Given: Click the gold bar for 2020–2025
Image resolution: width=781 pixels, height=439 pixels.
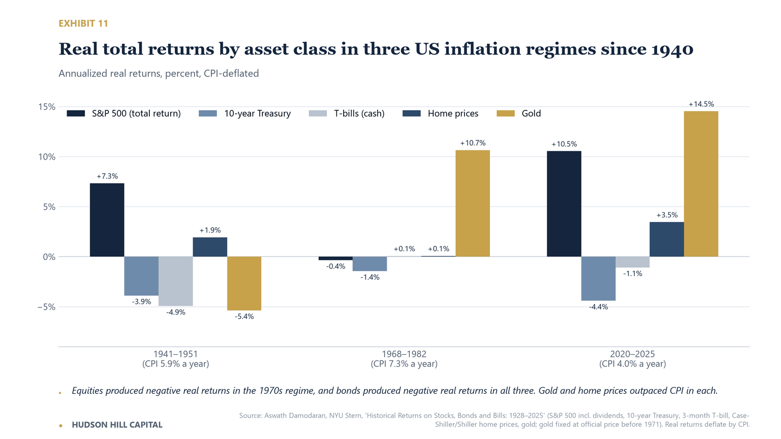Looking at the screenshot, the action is [x=701, y=184].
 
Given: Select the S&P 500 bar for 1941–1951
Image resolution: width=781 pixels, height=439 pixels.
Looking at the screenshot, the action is [x=107, y=220].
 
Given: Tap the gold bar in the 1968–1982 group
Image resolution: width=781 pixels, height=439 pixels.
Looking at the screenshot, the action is [x=472, y=203].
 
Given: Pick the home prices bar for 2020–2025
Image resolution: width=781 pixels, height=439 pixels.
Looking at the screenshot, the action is [x=666, y=239].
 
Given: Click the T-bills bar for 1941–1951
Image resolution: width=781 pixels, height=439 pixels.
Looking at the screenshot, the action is [x=176, y=281].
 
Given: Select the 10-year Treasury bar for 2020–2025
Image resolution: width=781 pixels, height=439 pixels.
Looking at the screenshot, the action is [x=598, y=279].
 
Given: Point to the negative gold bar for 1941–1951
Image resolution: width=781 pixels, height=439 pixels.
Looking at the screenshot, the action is [x=244, y=283].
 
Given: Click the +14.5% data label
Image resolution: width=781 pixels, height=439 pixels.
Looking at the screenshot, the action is [x=701, y=104].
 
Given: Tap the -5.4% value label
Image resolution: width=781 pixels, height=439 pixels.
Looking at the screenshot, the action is [x=244, y=317].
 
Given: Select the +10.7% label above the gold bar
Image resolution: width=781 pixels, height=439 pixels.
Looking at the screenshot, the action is [x=473, y=143].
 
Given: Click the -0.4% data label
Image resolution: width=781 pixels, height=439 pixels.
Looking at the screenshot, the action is [x=335, y=266].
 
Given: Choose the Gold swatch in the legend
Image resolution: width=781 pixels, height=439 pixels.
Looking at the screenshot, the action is [x=506, y=113].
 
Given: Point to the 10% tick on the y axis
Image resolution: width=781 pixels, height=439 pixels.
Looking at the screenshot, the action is [x=47, y=157].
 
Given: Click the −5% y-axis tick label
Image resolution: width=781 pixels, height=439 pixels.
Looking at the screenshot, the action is [x=46, y=307].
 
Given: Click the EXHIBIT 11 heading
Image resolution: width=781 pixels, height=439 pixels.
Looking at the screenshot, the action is [x=83, y=23].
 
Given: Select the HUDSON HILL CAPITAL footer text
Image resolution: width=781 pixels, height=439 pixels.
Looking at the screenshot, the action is [x=117, y=425].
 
